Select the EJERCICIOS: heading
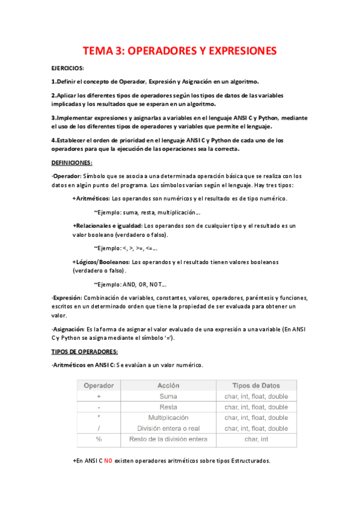68,69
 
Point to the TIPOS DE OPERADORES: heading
85,351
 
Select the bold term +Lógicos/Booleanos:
100,262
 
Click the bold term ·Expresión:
66,298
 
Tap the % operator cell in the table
99,440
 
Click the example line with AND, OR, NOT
131,284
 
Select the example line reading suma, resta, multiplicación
148,212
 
